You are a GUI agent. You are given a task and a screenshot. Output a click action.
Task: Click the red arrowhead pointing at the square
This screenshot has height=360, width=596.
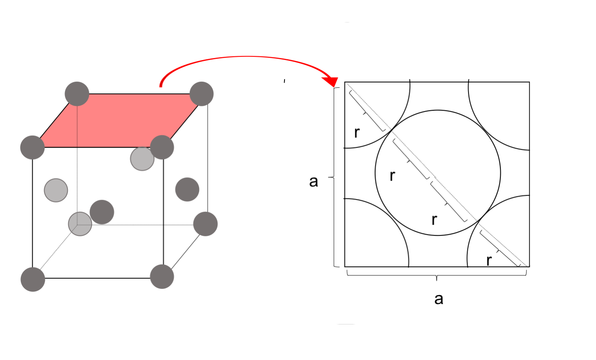(x=332, y=81)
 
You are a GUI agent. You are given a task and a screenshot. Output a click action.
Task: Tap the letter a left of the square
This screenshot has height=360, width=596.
(x=314, y=182)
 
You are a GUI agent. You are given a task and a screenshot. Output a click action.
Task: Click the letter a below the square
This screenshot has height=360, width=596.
(x=439, y=299)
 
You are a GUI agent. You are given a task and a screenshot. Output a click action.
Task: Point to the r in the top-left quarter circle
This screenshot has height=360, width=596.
(x=357, y=132)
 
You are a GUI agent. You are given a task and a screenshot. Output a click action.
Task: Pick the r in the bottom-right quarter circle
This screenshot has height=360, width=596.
(x=489, y=260)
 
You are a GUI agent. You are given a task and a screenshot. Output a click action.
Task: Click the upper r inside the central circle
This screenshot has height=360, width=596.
(x=392, y=176)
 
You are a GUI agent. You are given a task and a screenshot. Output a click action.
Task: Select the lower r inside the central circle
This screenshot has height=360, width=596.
(x=435, y=220)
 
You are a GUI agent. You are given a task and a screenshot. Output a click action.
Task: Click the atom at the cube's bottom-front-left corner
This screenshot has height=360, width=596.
(x=33, y=280)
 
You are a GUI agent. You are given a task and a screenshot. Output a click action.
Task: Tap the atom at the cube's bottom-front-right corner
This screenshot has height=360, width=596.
(x=162, y=277)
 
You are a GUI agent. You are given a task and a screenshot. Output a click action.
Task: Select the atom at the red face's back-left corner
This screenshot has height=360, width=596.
(x=77, y=94)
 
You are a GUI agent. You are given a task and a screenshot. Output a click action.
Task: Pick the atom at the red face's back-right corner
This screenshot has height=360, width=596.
(x=202, y=94)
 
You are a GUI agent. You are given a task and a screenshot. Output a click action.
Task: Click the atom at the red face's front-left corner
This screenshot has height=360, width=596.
(x=32, y=148)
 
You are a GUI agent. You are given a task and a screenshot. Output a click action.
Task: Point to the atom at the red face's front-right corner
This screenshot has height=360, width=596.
(x=162, y=147)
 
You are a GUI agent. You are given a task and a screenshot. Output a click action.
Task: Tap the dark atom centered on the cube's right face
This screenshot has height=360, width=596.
(x=187, y=189)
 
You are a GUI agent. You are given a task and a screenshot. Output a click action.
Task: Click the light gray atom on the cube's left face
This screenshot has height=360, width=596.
(x=56, y=190)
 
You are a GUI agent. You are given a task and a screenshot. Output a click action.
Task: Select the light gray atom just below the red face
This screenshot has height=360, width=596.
(x=142, y=159)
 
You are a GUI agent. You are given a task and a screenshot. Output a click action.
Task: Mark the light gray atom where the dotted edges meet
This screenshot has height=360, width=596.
(x=80, y=224)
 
